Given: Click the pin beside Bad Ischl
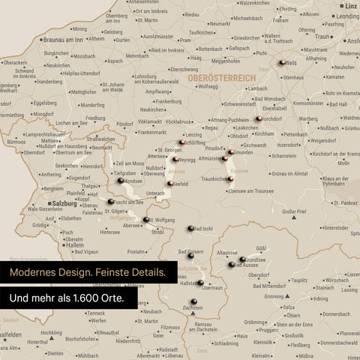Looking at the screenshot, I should click(190, 229).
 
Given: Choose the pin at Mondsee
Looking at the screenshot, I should click(121, 181).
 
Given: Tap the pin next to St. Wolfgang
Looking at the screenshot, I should click(146, 220).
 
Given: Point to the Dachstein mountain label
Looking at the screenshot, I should click(192, 308).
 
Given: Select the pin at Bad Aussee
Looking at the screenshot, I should click(232, 265).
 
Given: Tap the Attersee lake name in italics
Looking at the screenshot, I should click(176, 171).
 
